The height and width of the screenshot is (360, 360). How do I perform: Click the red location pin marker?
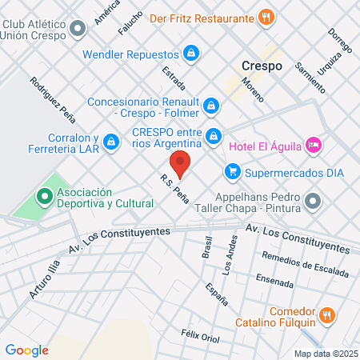182,163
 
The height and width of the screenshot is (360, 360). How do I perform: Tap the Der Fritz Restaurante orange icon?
267,16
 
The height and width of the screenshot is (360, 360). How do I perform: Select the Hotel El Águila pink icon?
314,145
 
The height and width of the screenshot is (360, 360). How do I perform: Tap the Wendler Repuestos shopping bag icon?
190,54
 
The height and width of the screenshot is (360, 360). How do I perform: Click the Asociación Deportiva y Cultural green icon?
44,195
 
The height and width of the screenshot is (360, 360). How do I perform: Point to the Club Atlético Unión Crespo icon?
78,30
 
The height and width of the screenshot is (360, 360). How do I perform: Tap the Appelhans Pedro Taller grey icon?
313,200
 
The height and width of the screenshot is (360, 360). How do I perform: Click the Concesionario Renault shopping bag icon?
210,105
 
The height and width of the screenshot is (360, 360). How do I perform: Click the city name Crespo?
262,66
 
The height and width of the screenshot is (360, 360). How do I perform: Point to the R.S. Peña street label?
174,190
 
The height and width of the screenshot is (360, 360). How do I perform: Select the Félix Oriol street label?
200,336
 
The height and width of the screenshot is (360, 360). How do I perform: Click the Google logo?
26,350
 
